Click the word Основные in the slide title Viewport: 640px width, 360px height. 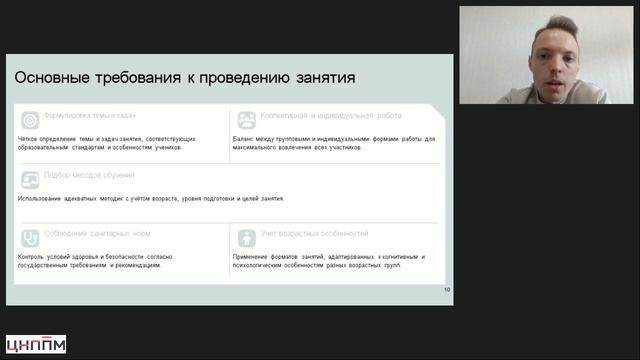[51, 77]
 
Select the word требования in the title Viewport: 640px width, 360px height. [142, 77]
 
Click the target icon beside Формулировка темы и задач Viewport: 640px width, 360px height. [30, 119]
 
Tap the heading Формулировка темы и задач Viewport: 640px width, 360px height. [90, 116]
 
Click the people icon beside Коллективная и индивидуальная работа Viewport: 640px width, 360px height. [246, 120]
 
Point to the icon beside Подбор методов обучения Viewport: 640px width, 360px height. [30, 179]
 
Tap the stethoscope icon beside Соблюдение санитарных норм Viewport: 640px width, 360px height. [30, 238]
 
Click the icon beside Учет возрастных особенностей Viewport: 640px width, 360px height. [246, 238]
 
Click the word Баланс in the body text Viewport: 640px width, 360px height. [246, 139]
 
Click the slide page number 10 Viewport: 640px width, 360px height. [447, 290]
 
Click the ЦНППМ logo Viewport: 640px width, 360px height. [36, 344]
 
